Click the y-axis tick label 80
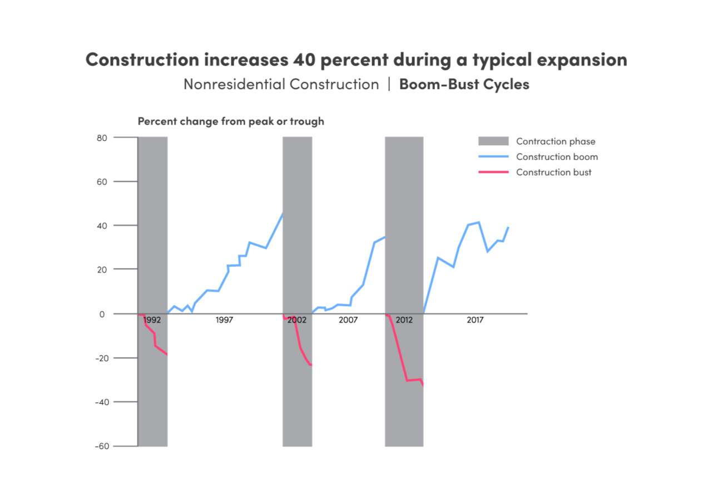(103, 137)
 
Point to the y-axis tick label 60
(103, 181)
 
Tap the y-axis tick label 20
(103, 269)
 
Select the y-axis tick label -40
(101, 402)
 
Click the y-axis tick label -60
(101, 446)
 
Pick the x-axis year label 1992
(152, 320)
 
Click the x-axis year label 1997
(224, 320)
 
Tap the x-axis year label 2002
(297, 320)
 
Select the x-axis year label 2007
(348, 320)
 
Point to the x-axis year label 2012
(404, 320)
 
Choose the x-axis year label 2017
(474, 320)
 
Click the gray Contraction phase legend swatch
(493, 141)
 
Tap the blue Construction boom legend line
(493, 157)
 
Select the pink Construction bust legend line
(493, 172)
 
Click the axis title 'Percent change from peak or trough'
(231, 121)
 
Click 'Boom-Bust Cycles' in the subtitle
(464, 85)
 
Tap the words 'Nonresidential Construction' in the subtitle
(281, 85)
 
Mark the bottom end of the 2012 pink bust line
(423, 386)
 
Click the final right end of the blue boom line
(508, 227)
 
